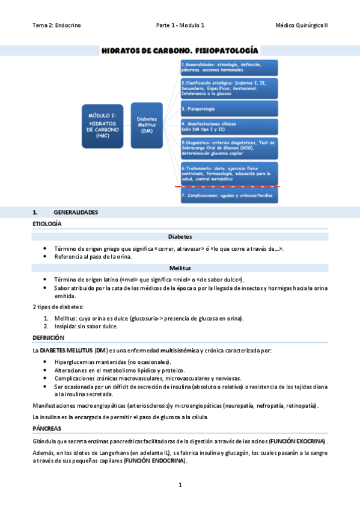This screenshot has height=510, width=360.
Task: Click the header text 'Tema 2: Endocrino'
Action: (56, 25)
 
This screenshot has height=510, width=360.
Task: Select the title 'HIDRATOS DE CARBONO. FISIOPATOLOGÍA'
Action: (180, 51)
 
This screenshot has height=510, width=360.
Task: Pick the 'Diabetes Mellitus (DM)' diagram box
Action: (147, 125)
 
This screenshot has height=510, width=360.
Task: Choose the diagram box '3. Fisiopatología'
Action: (229, 109)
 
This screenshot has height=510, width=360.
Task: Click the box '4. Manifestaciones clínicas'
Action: (229, 127)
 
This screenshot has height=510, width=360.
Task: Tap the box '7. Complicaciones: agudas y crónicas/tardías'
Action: (229, 196)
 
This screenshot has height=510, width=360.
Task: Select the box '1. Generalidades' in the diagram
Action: (229, 67)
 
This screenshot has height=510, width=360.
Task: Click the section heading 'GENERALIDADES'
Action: (76, 213)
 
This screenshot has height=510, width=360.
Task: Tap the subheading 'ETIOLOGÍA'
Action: (47, 224)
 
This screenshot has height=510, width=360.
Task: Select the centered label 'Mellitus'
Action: (180, 268)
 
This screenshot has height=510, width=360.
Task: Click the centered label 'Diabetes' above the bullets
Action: (180, 236)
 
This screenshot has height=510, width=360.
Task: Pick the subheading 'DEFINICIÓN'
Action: (47, 338)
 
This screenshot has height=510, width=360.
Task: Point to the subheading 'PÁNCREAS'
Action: (46, 428)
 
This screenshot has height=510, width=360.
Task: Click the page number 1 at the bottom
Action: (180, 485)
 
